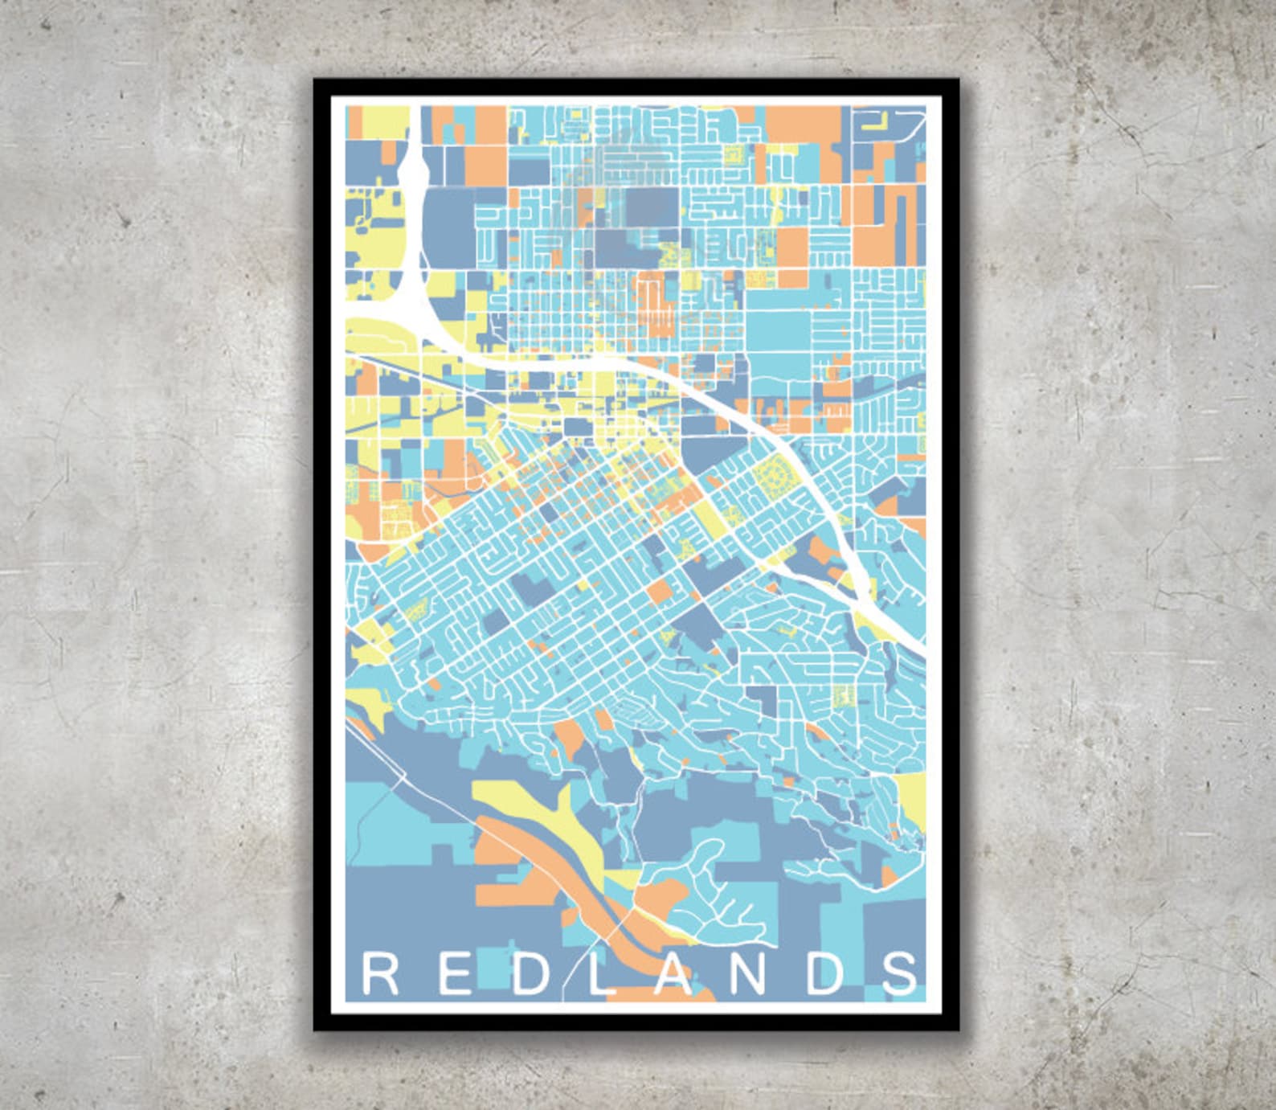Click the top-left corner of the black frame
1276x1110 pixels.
coord(315,80)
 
